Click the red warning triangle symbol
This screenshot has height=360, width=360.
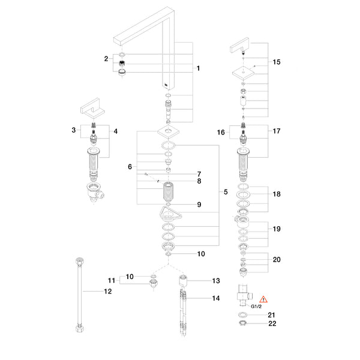[x=263, y=299]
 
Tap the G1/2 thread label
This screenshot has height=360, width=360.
[x=256, y=306]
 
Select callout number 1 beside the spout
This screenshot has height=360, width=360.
[x=198, y=68]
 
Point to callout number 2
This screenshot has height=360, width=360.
[x=106, y=59]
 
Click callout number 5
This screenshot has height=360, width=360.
[x=226, y=192]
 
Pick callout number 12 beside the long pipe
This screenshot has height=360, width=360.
[x=107, y=292]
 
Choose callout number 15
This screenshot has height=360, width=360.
[x=277, y=62]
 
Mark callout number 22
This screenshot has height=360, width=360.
[x=272, y=323]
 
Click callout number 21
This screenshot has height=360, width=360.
[x=271, y=315]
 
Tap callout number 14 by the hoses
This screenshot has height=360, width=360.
[x=215, y=298]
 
